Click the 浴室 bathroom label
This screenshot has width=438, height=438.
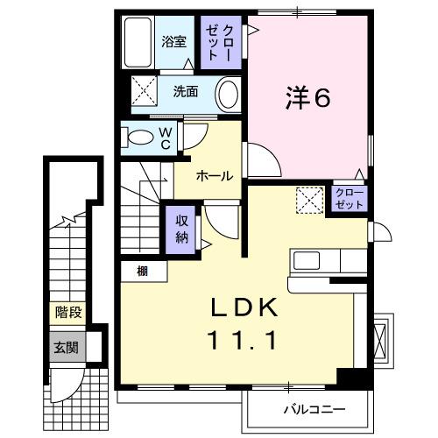click(x=173, y=40)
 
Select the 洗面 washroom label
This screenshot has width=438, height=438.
click(x=185, y=90)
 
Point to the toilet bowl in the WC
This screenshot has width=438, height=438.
click(x=140, y=138)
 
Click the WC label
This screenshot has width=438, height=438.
click(x=165, y=138)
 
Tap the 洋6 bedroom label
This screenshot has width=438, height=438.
click(x=307, y=99)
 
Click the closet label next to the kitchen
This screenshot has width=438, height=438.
click(x=350, y=199)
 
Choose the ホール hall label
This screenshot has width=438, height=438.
click(x=213, y=176)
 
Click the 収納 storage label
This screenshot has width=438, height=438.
click(x=181, y=228)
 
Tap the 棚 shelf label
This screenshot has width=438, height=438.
click(x=142, y=272)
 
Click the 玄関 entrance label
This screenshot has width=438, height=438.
click(x=67, y=348)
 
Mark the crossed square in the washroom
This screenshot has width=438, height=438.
click(x=144, y=90)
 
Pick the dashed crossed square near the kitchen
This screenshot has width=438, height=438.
click(x=308, y=201)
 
